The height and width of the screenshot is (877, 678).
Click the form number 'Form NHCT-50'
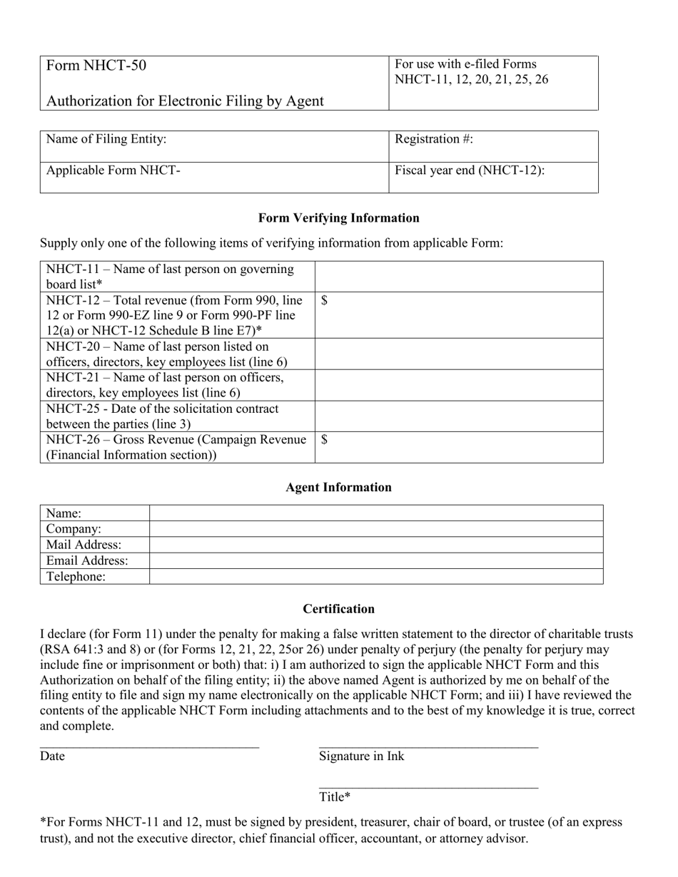[96, 66]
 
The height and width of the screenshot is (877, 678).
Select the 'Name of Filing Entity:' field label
[106, 139]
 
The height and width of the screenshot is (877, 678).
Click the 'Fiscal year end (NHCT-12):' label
[470, 170]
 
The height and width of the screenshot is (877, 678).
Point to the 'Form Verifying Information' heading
[338, 218]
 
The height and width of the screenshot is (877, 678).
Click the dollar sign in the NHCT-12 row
[325, 300]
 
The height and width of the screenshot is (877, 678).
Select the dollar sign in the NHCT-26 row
[325, 440]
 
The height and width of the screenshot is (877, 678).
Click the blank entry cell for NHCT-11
[459, 276]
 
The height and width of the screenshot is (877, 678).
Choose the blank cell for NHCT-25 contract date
[459, 416]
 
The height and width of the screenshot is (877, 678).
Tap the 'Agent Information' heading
[338, 488]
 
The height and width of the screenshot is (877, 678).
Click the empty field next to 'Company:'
[376, 529]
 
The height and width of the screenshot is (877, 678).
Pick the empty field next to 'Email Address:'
[376, 560]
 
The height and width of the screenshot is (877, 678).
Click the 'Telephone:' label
[76, 577]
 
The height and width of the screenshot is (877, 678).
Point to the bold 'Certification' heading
[338, 609]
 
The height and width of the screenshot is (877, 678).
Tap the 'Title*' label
[335, 796]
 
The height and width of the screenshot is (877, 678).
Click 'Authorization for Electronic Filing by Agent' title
[185, 101]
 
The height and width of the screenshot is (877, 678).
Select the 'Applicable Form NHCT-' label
[113, 170]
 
